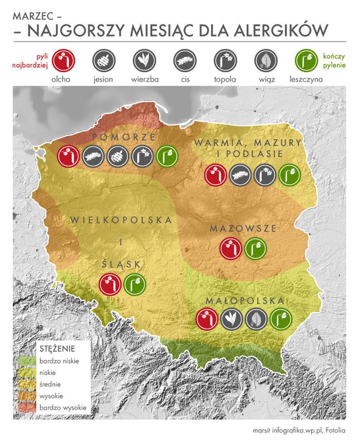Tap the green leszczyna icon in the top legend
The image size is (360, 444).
304,59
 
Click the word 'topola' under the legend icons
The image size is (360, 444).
225,79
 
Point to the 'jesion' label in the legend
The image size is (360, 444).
103,79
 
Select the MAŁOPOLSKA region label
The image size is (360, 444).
245,300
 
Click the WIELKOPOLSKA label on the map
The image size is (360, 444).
121,220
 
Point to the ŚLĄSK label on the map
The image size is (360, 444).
122,263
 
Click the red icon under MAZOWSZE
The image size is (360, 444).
230,248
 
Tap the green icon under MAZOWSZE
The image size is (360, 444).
255,248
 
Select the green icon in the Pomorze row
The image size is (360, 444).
167,157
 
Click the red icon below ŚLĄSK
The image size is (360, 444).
109,284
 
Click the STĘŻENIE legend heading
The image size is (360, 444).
57,349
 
